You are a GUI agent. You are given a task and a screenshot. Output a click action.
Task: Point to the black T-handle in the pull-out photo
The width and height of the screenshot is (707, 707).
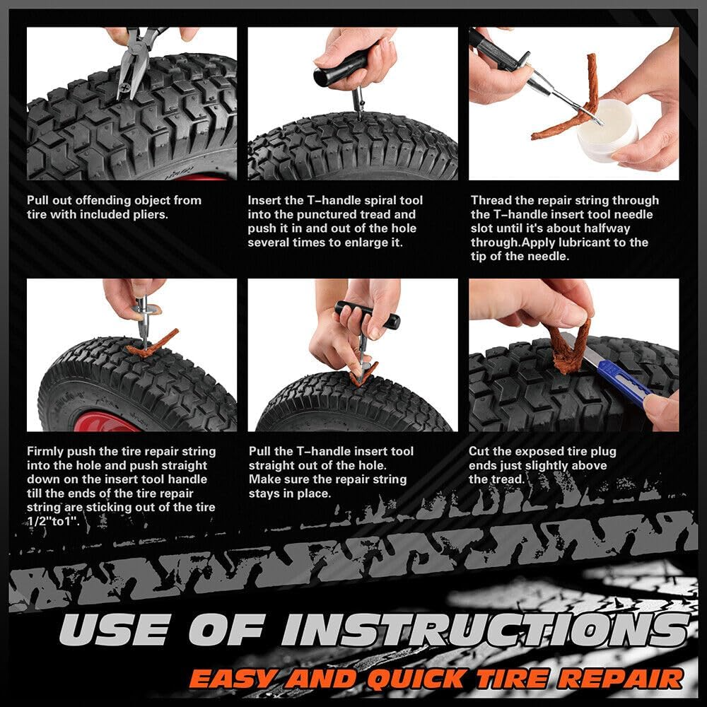coord(367,315)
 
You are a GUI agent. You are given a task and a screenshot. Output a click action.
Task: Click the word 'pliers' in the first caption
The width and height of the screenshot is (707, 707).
coord(148,214)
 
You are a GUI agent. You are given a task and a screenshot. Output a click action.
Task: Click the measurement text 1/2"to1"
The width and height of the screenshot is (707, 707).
coord(54,522)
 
